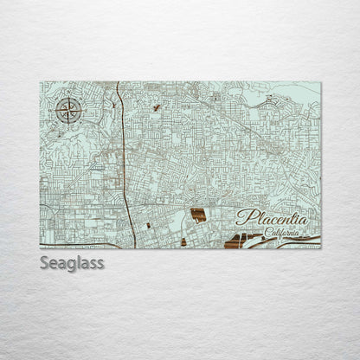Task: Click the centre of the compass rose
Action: pos(67,112)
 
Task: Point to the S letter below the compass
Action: pos(67,125)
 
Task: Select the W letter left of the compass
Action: pos(55,112)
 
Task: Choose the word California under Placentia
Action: pos(282,232)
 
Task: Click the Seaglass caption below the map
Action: pos(71,263)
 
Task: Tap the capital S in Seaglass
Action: pos(45,262)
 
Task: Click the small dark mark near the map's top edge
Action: pos(156,107)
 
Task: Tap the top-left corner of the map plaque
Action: pos(40,82)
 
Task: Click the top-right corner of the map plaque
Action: pos(320,82)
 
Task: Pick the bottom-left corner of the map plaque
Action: pos(40,248)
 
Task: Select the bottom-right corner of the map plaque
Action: pos(320,248)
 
